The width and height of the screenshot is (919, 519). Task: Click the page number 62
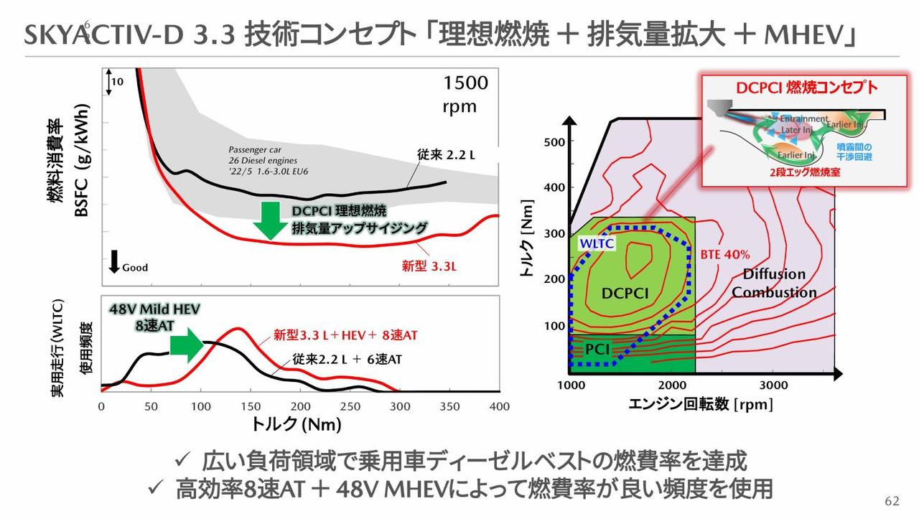coord(892,500)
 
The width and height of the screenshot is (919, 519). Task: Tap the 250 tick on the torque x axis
coord(350,406)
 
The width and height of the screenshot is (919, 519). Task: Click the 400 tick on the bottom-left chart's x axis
coord(499,406)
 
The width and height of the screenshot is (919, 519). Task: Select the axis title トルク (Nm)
coord(296,424)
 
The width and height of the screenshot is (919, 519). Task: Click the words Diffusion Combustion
coord(774,284)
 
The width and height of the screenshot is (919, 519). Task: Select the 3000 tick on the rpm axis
coord(773,385)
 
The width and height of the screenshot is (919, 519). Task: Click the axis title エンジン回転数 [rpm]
coord(701,406)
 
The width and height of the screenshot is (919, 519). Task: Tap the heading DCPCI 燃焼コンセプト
coord(807,88)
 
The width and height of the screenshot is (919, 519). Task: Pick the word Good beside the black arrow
coord(135,268)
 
